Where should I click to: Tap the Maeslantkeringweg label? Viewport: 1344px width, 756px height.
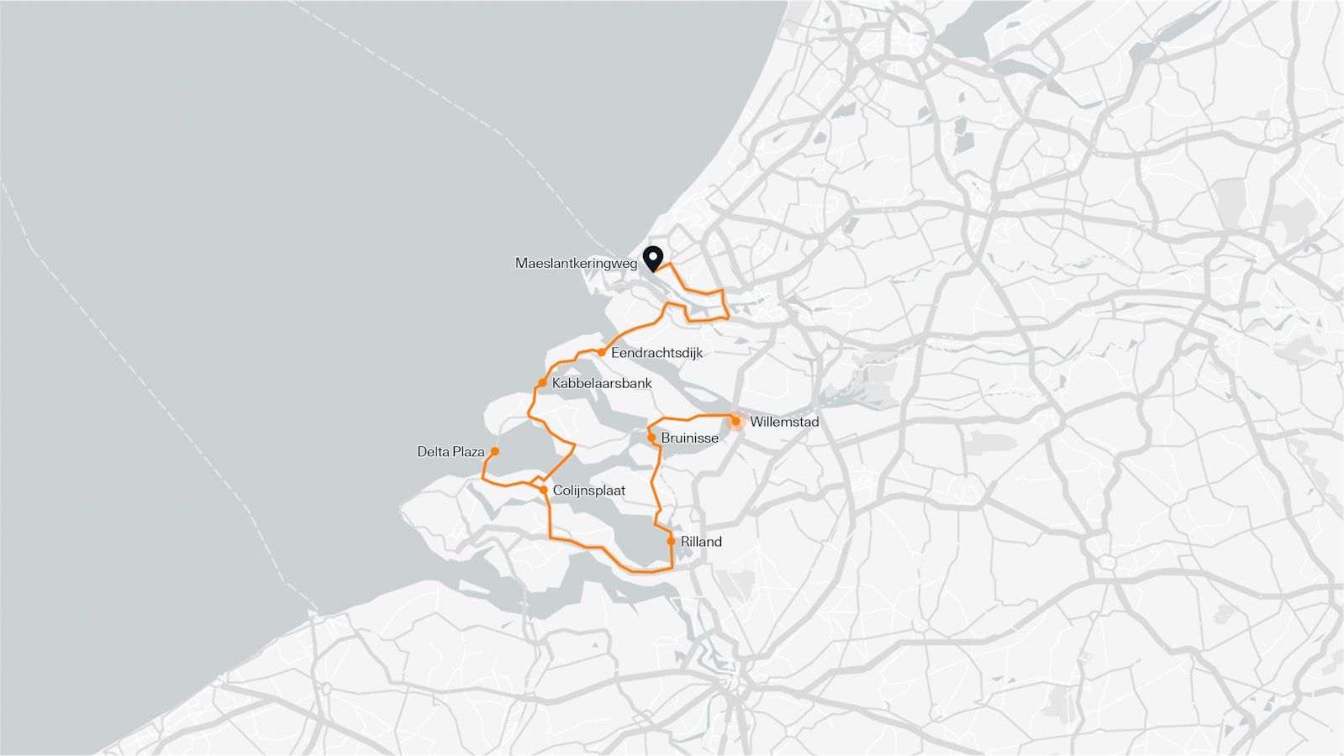(576, 264)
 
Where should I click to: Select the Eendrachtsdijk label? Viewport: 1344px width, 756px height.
(656, 353)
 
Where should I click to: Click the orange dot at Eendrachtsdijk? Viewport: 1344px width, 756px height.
(602, 353)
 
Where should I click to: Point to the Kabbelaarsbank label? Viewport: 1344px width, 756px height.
(602, 384)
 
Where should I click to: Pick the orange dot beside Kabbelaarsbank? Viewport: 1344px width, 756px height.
(543, 383)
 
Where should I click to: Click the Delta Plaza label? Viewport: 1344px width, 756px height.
(451, 452)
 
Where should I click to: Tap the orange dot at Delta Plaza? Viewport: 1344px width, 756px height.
(494, 451)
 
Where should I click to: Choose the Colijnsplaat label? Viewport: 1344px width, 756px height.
(589, 491)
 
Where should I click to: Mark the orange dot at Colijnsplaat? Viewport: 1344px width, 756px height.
(544, 490)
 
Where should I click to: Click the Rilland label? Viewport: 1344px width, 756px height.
(701, 542)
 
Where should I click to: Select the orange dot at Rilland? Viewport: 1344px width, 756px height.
(671, 541)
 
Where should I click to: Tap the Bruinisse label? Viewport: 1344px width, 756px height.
(689, 438)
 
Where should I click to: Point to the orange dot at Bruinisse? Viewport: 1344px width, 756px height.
(651, 438)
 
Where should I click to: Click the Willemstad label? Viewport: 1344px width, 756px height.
(783, 422)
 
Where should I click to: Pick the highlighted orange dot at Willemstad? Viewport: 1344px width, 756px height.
(735, 421)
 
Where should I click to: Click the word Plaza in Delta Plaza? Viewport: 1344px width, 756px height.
(469, 452)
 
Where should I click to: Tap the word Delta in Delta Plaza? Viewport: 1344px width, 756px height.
(434, 452)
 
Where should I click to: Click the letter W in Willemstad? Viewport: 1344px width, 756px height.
(756, 422)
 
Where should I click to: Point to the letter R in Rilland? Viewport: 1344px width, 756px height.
(685, 542)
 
